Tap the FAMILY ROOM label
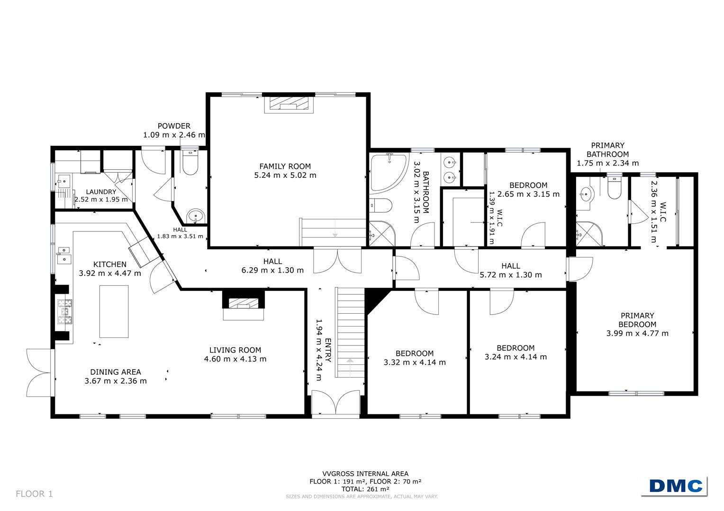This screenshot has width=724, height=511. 285,166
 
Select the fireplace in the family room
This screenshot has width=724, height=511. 289,103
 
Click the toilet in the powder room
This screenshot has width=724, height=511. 190,161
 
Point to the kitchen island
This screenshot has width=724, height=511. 114,311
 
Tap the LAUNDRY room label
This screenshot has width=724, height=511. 101,192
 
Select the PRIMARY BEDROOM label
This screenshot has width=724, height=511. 637,320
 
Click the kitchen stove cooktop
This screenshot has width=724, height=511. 64,311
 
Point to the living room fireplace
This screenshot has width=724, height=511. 244,305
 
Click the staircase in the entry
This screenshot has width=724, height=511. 350,333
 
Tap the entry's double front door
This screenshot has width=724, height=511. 336,402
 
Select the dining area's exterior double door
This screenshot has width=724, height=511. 39,373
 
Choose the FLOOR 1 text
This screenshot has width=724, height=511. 34,493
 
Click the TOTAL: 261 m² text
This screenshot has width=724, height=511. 365,489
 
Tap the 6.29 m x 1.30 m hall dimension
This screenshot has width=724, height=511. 272,270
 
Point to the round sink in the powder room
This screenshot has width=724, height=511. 196,216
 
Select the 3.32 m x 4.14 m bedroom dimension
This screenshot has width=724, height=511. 415,362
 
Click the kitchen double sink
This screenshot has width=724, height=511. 63,255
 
